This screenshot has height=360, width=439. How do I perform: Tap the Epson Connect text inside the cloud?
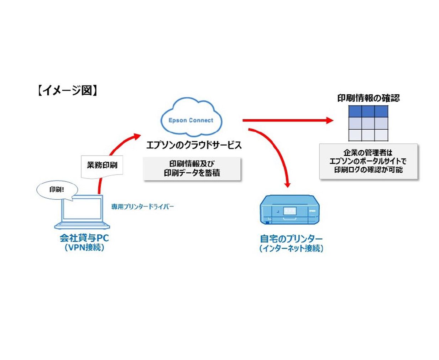pyautogui.click(x=191, y=120)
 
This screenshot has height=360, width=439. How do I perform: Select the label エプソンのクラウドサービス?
pyautogui.click(x=194, y=145)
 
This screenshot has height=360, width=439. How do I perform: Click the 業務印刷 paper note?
pyautogui.click(x=102, y=165)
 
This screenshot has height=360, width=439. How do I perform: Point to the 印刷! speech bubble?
pyautogui.click(x=57, y=189)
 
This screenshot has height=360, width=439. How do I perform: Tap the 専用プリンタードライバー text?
pyautogui.click(x=142, y=207)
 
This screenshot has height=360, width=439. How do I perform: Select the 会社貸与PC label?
pyautogui.click(x=84, y=238)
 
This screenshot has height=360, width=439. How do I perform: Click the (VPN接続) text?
pyautogui.click(x=84, y=247)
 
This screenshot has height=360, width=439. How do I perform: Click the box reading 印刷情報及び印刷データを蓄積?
pyautogui.click(x=192, y=168)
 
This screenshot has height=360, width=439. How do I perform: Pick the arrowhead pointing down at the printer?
pyautogui.click(x=288, y=184)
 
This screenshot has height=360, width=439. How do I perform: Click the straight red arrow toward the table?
pyautogui.click(x=285, y=120)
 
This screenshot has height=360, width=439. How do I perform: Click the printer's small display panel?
pyautogui.click(x=289, y=211)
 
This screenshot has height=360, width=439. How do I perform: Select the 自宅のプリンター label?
pyautogui.click(x=291, y=239)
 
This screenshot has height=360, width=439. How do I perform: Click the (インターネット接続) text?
pyautogui.click(x=291, y=249)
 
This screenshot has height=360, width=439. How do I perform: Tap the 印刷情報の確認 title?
pyautogui.click(x=369, y=98)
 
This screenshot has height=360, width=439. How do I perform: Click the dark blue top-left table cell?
pyautogui.click(x=355, y=111)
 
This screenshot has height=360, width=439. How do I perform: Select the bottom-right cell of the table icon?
pyautogui.click(x=381, y=135)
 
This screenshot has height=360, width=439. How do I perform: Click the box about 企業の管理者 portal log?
pyautogui.click(x=368, y=161)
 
